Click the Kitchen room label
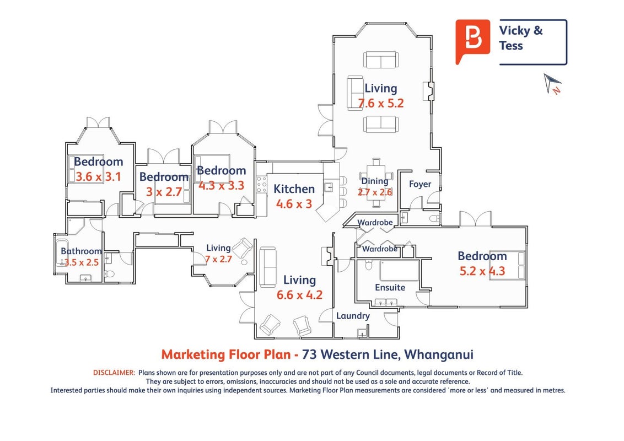pyautogui.click(x=294, y=189)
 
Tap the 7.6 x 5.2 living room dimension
pyautogui.click(x=381, y=104)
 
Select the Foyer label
pyautogui.click(x=420, y=184)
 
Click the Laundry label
pyautogui.click(x=353, y=316)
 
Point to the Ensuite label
pyautogui.click(x=390, y=287)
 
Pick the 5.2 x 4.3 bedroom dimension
pyautogui.click(x=482, y=271)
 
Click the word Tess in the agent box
pyautogui.click(x=511, y=46)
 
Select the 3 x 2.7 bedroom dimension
pyautogui.click(x=164, y=192)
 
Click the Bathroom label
pyautogui.click(x=81, y=251)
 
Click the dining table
pyautogui.click(x=376, y=182)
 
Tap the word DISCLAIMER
pyautogui.click(x=114, y=373)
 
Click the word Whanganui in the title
pyautogui.click(x=439, y=354)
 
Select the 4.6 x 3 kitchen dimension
pyautogui.click(x=294, y=204)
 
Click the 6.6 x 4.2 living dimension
pyautogui.click(x=299, y=295)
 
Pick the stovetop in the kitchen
pyautogui.click(x=261, y=185)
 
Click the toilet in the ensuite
pyautogui.click(x=369, y=265)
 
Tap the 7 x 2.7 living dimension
pyautogui.click(x=218, y=260)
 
